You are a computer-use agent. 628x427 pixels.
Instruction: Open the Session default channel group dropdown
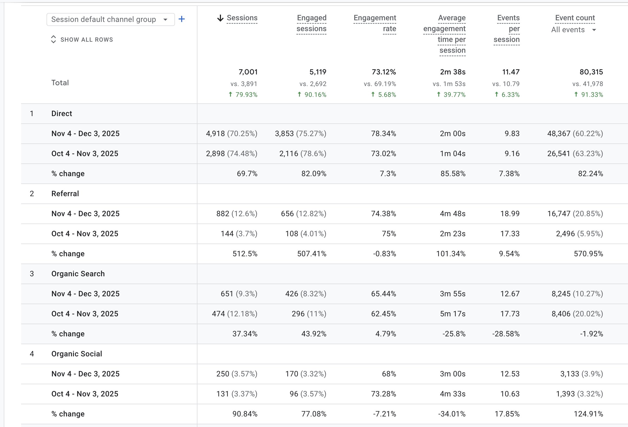(x=110, y=19)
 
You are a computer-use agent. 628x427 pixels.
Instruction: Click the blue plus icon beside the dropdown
(x=182, y=19)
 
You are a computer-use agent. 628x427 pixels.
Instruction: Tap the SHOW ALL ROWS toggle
(x=82, y=40)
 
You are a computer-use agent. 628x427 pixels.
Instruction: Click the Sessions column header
(x=242, y=18)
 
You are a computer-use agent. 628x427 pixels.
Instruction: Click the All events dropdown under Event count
(x=573, y=30)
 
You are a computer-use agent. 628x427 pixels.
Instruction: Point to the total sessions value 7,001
(x=248, y=72)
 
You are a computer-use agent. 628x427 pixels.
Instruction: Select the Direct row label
(x=62, y=114)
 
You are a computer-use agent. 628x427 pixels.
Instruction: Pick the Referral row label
(x=65, y=194)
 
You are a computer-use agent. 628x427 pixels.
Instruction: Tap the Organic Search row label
(x=78, y=274)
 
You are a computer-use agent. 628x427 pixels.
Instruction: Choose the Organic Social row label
(x=77, y=354)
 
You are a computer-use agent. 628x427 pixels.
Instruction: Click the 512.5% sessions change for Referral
(x=245, y=254)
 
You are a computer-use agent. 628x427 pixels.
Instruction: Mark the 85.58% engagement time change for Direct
(x=453, y=174)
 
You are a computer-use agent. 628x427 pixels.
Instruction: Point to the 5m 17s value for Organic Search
(x=452, y=314)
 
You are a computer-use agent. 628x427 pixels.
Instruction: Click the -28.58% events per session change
(x=506, y=334)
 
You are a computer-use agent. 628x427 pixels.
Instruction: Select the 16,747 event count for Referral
(x=559, y=214)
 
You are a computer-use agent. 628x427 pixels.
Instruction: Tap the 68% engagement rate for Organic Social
(x=389, y=374)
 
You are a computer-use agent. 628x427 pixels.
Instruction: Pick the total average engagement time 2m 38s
(x=452, y=72)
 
